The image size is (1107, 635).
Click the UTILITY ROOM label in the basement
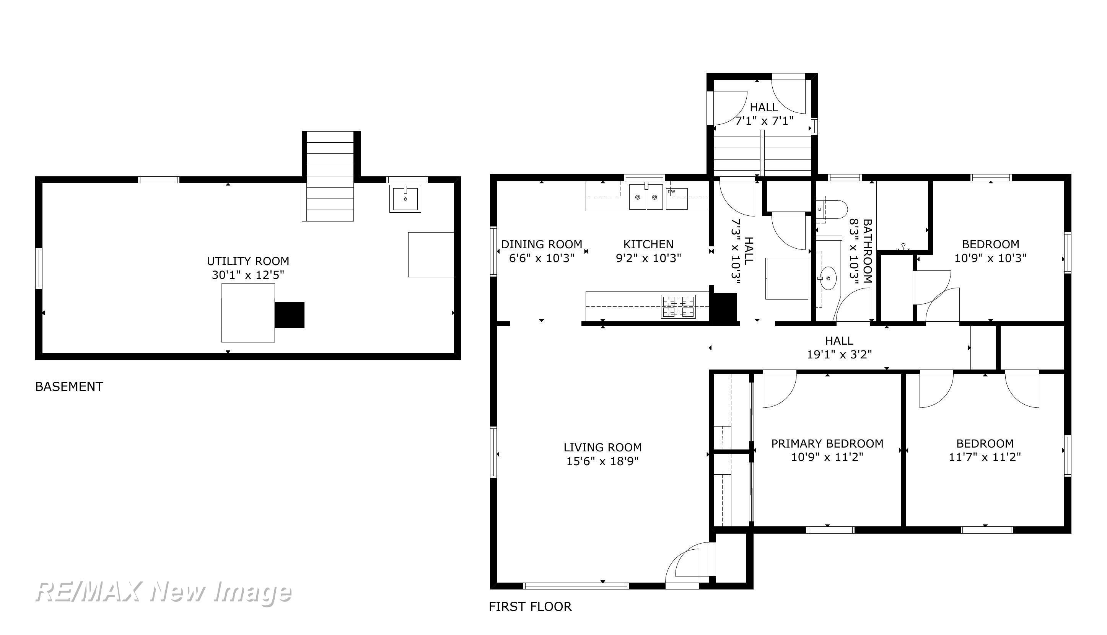point(247,261)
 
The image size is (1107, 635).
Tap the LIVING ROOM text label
point(602,448)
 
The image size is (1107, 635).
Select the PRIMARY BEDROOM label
point(827,443)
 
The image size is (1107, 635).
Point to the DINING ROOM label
point(542,244)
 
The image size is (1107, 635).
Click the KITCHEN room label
point(648,244)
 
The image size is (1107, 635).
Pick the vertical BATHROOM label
point(867,251)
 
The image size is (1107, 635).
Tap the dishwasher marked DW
point(677,199)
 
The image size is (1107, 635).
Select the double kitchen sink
point(646,197)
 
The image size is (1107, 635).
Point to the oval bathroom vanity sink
point(827,278)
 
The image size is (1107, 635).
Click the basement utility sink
point(405,199)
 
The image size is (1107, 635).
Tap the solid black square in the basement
point(289,314)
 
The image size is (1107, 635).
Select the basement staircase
point(328,176)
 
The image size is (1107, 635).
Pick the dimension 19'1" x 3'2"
point(839,355)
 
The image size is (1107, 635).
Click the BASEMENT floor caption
point(69,387)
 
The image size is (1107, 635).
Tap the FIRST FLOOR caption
point(530,607)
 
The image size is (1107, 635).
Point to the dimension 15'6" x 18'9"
point(602,461)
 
